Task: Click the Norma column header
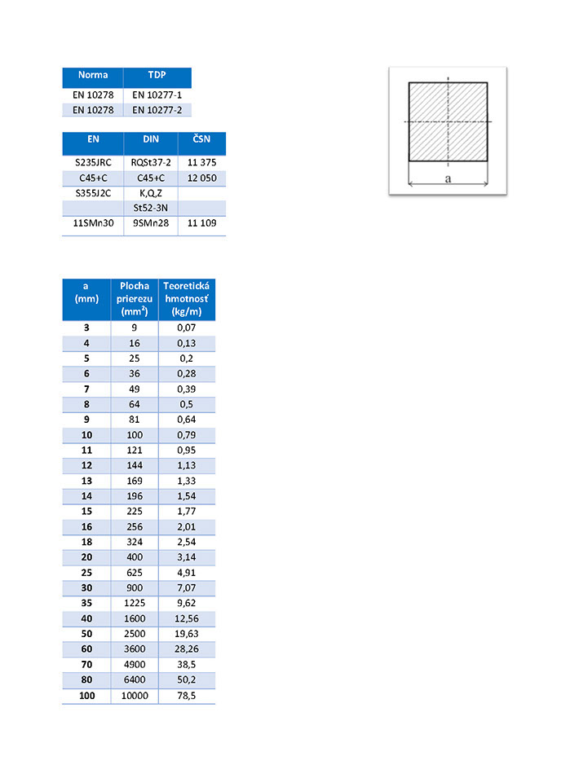(93, 76)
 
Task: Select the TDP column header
(157, 76)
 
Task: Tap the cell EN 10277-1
(157, 95)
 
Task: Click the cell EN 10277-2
(157, 109)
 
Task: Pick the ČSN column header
(201, 139)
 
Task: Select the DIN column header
(151, 139)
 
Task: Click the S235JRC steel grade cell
(93, 162)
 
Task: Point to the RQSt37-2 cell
(151, 162)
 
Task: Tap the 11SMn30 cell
(93, 222)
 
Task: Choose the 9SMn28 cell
(151, 222)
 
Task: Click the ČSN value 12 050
(201, 178)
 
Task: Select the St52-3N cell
(151, 208)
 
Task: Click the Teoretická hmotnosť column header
(186, 298)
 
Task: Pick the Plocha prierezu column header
(134, 298)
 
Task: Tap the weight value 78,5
(186, 696)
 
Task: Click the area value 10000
(134, 696)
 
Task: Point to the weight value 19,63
(186, 634)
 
